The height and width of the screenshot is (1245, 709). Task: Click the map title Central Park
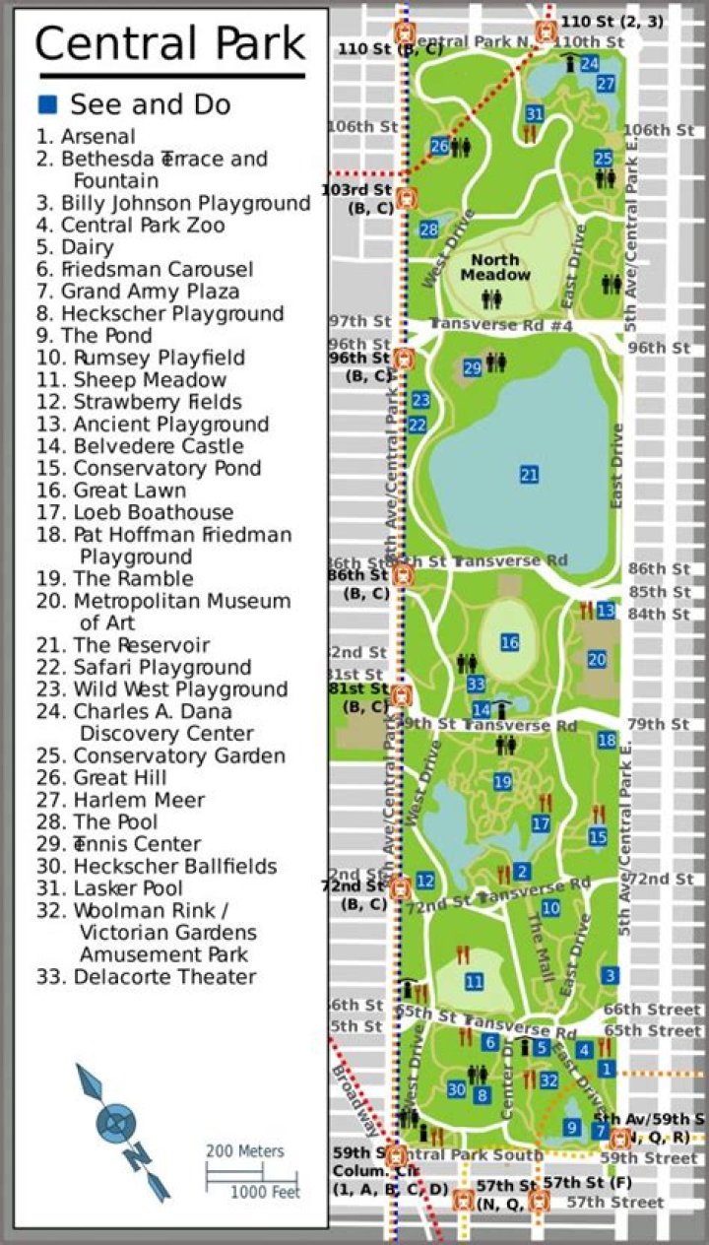point(170,44)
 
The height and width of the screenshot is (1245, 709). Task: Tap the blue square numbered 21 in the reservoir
point(530,475)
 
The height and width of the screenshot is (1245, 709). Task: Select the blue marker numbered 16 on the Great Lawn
point(509,643)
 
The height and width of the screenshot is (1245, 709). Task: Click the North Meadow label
point(494,267)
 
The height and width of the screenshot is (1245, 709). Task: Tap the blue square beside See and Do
point(47,104)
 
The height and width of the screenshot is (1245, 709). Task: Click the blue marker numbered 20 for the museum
point(597,660)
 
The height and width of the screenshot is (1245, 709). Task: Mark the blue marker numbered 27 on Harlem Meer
point(606,84)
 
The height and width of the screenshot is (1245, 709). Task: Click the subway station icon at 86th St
point(402,573)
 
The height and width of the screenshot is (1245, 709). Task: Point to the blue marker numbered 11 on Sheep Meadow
point(474,982)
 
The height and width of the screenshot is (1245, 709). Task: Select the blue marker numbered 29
point(473,368)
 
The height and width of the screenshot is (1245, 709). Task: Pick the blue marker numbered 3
point(611,975)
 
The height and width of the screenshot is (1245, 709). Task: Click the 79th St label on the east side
point(659,725)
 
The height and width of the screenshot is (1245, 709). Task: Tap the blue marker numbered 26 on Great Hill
point(439,147)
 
